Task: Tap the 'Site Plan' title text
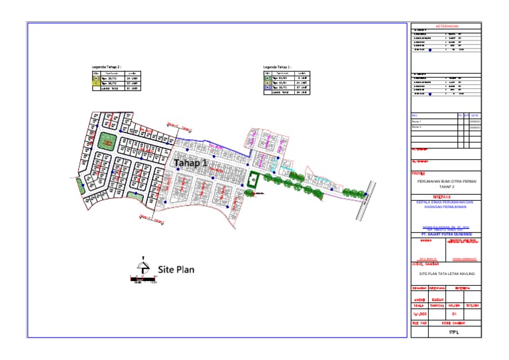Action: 176,270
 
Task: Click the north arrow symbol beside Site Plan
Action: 140,265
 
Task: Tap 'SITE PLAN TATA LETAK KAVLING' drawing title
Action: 447,273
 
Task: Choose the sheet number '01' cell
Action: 454,313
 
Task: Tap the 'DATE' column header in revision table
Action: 475,115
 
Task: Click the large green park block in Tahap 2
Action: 106,141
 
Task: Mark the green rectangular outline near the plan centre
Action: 253,180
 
